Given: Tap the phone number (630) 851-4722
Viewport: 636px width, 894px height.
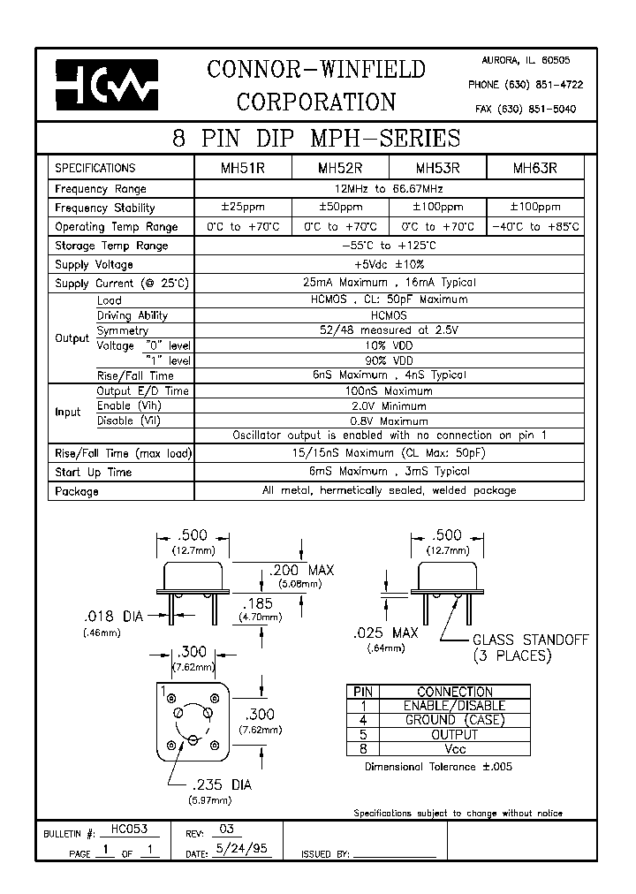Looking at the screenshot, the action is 525,85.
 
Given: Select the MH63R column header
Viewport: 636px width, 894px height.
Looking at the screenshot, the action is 535,167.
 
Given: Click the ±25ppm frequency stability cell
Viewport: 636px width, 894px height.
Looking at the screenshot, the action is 242,207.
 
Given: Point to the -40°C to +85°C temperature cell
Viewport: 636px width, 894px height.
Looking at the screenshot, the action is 535,226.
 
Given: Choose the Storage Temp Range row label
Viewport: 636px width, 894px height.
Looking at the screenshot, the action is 111,246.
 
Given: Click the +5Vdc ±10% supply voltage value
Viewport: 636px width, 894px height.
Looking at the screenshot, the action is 390,264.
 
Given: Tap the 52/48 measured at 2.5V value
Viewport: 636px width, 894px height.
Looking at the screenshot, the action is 390,330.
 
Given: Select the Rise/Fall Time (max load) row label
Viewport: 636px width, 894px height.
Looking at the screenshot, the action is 123,453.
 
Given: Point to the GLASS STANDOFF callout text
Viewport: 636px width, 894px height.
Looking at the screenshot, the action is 530,640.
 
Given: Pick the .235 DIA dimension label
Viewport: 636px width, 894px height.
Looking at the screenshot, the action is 222,784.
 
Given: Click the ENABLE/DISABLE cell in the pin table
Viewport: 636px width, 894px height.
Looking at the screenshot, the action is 454,706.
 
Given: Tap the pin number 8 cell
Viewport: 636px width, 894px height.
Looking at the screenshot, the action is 363,748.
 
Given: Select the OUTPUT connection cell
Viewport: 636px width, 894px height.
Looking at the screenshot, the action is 454,734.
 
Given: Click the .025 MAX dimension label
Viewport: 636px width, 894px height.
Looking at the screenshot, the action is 385,633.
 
